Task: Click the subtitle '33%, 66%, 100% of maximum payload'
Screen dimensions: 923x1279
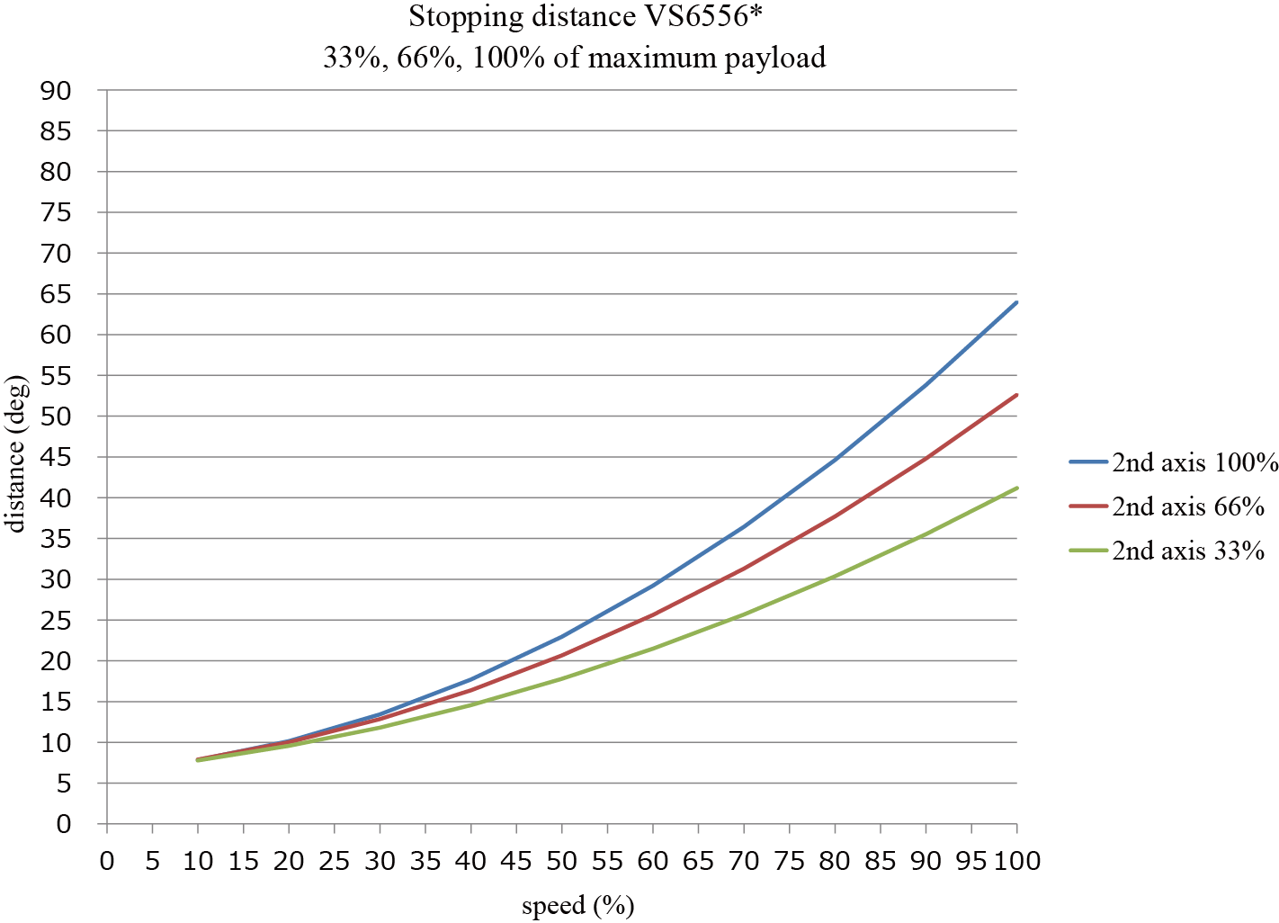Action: (574, 58)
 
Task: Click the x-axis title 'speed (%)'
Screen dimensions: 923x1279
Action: (578, 904)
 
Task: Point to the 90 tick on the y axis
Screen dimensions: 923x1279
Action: (55, 91)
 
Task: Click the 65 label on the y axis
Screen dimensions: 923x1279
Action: (55, 294)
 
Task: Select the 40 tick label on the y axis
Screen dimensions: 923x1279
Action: (55, 497)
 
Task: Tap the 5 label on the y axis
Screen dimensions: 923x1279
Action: (63, 784)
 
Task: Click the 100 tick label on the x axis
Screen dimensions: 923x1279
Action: (1016, 861)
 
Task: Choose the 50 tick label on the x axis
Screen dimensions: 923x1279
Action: (562, 861)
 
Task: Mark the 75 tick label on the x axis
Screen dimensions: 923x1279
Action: (789, 861)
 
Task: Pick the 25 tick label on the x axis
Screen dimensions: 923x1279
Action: (335, 861)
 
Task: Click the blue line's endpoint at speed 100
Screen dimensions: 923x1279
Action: (1016, 302)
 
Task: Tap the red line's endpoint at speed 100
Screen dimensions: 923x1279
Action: (1016, 395)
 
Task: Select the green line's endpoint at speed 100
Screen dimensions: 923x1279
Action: (1016, 488)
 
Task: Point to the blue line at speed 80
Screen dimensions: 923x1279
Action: (835, 460)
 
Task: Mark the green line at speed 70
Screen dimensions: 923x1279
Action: (744, 614)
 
